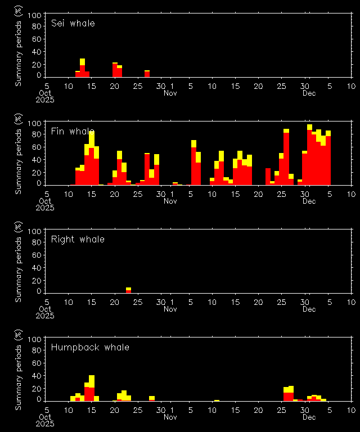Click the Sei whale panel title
[x=73, y=24]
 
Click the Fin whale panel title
[x=73, y=132]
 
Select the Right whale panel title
[x=78, y=240]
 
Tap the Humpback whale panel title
[x=90, y=348]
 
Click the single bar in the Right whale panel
[x=128, y=290]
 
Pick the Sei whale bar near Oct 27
[x=147, y=74]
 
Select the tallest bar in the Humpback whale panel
[x=92, y=388]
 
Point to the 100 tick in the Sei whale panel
[x=36, y=15]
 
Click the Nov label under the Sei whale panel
[x=170, y=93]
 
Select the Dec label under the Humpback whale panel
[x=309, y=417]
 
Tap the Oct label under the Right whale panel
[x=46, y=309]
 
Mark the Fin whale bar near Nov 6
[x=193, y=163]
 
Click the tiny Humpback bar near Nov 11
[x=217, y=400]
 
